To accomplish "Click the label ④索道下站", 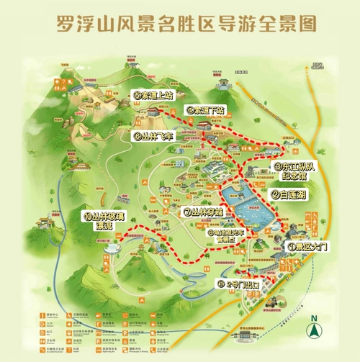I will (206, 111).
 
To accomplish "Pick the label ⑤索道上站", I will (153, 94).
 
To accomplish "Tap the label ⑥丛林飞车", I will (153, 135).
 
